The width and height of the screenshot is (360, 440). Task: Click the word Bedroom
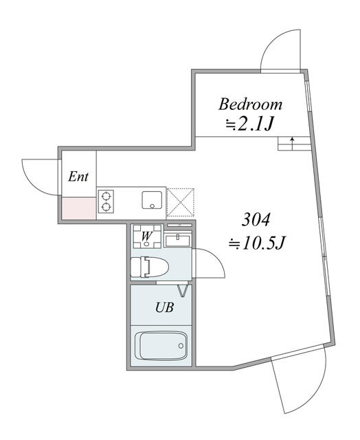pos(250,104)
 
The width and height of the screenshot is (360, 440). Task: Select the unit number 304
pos(256,220)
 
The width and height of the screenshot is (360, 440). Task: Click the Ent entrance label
pos(78,177)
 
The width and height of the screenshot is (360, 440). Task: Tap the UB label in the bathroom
pos(164,308)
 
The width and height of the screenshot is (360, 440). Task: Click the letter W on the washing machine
pos(146,236)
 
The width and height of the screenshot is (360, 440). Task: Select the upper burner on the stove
pos(106,195)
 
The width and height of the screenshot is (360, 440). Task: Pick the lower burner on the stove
pos(106,207)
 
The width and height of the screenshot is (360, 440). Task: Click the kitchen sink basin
pos(152,200)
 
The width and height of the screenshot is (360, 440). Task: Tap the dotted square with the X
pos(180,202)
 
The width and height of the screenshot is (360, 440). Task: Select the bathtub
pos(161,346)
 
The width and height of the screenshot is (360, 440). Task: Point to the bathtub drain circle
pos(181,346)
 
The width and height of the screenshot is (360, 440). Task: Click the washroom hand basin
pos(178,241)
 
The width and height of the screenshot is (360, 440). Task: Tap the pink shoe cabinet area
pos(79,208)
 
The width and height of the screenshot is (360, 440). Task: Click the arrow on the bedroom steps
pos(293,143)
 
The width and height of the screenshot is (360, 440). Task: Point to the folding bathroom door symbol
pos(183,291)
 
